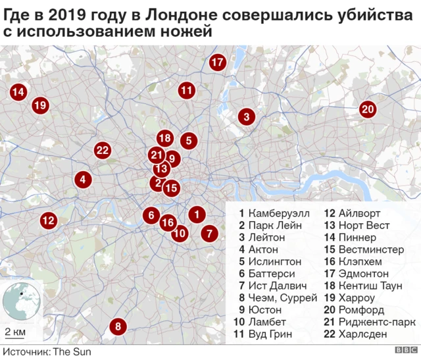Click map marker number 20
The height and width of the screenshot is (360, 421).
(x=367, y=110)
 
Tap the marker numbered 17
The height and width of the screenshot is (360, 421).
(x=218, y=63)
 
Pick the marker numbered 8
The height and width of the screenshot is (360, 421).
(x=118, y=326)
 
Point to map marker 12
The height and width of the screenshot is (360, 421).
(x=47, y=220)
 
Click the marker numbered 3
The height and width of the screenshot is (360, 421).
(x=246, y=118)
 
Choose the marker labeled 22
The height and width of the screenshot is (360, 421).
(x=102, y=150)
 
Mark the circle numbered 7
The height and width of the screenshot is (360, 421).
(x=209, y=233)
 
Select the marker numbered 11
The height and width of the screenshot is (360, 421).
(x=187, y=90)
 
